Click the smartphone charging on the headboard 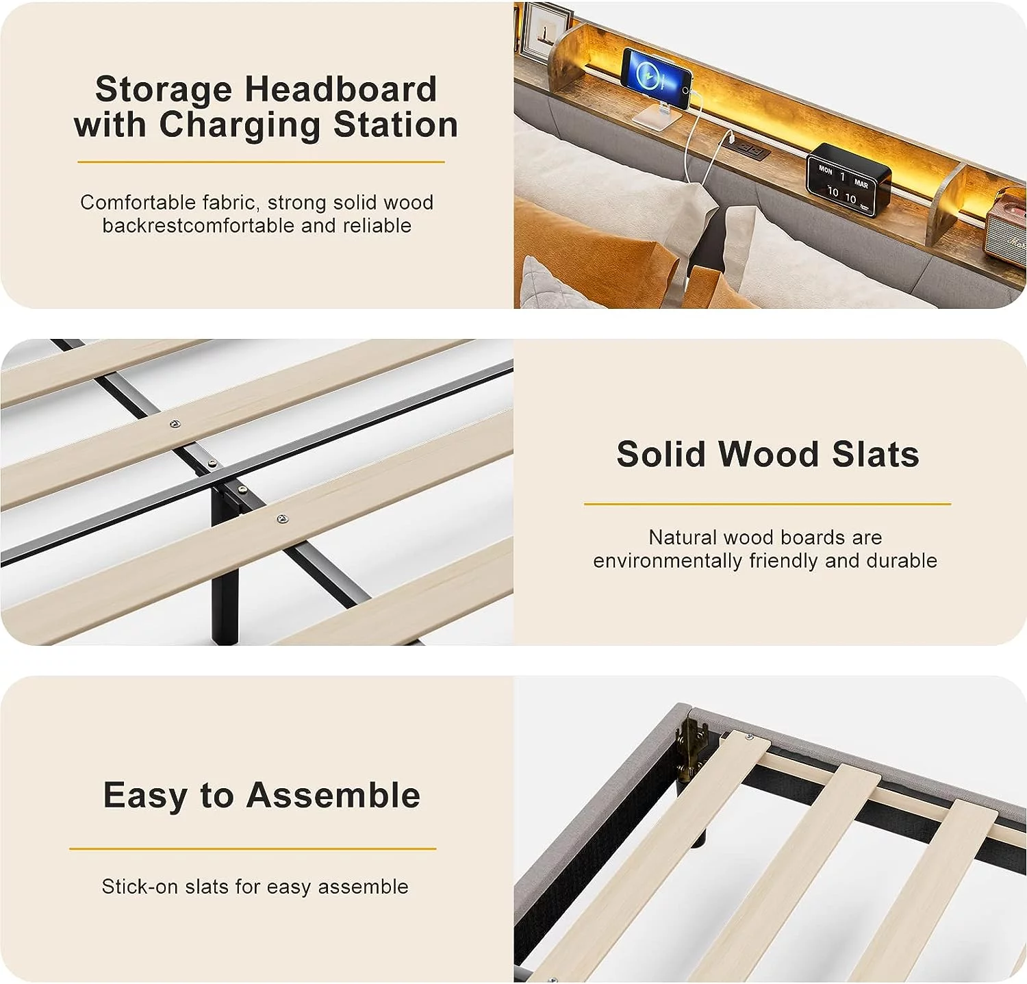656,77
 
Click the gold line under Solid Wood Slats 768,504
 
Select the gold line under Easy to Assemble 253,848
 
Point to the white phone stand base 656,115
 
